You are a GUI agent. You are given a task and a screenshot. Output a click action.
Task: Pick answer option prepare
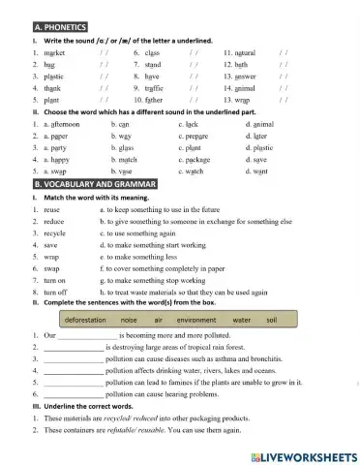[198, 139]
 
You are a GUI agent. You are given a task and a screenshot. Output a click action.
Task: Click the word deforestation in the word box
[92, 319]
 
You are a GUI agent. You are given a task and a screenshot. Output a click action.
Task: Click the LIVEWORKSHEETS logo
[303, 454]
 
